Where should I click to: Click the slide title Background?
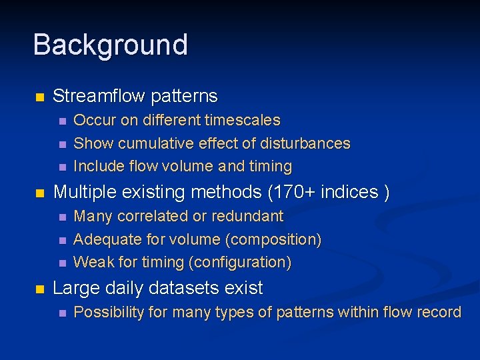click(110, 45)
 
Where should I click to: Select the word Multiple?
click(86, 193)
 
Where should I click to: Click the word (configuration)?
click(240, 263)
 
